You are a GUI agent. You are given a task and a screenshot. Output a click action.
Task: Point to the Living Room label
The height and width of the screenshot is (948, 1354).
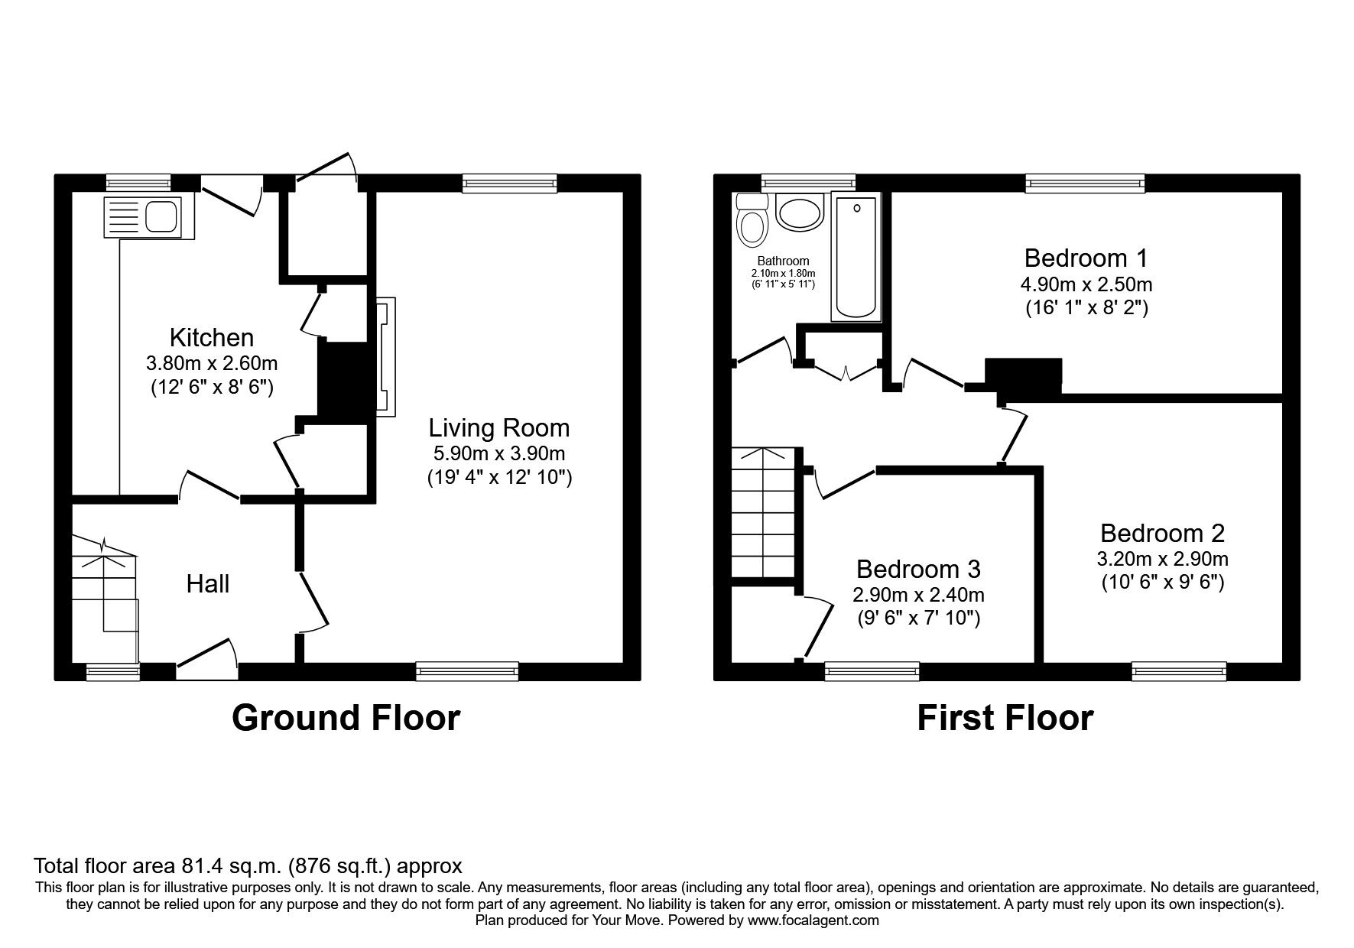tap(498, 427)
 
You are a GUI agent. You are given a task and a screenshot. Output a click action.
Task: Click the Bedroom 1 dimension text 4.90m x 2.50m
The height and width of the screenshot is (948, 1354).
tap(1086, 284)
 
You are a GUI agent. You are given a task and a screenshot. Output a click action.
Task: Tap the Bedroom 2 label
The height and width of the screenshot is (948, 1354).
tap(1162, 533)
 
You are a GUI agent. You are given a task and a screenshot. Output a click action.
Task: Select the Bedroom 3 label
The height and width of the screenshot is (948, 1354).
tap(917, 569)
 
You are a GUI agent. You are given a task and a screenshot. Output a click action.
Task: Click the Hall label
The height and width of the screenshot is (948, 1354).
tap(208, 584)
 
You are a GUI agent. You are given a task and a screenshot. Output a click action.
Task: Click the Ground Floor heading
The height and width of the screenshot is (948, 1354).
tap(346, 718)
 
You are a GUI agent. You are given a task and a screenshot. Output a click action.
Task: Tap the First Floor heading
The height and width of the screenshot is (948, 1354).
tap(1005, 718)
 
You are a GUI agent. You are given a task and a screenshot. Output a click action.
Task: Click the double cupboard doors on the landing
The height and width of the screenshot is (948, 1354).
tap(846, 372)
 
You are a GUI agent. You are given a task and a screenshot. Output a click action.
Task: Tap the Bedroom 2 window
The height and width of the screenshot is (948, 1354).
tap(1179, 671)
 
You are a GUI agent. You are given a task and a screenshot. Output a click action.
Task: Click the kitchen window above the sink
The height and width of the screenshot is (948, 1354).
tap(138, 182)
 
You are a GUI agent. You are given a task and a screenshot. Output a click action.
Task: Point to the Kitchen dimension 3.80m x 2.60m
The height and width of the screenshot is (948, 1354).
tap(212, 362)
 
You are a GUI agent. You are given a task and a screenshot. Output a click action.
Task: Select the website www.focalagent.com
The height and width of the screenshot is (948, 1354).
tap(813, 921)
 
